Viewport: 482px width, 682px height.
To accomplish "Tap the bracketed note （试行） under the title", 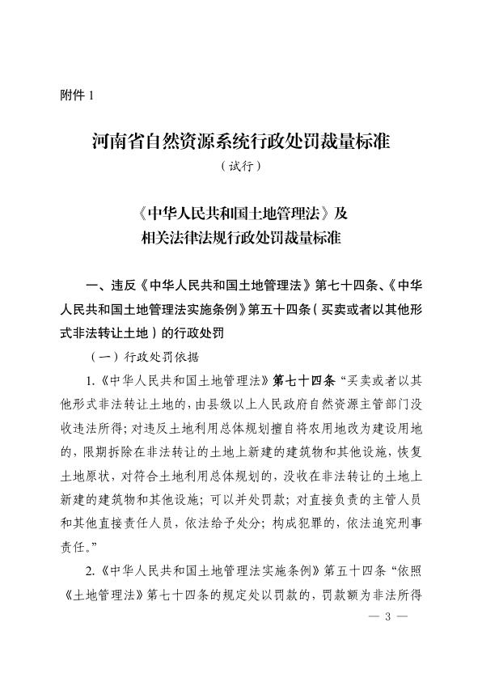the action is point(241,167).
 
